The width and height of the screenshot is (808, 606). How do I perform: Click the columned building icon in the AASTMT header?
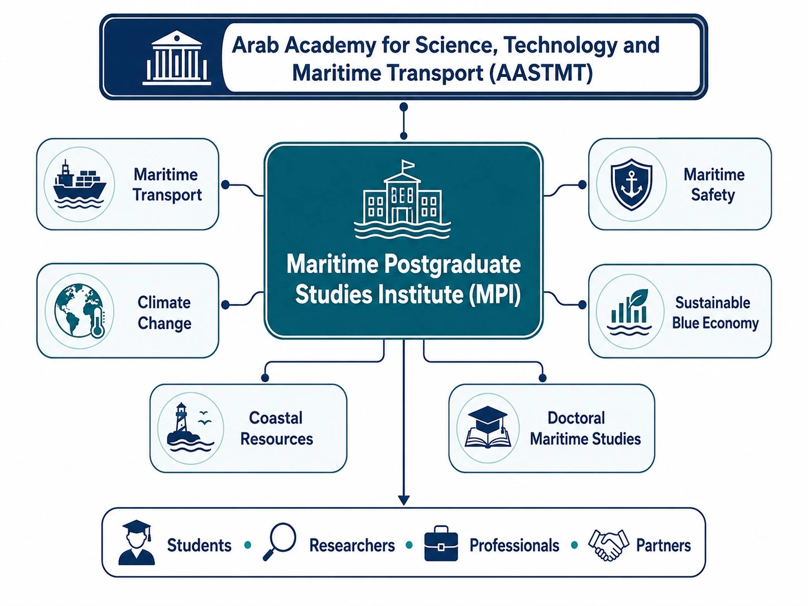click(x=177, y=58)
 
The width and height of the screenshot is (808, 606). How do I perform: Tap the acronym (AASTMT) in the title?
click(x=541, y=73)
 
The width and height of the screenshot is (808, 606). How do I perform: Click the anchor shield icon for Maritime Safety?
click(x=631, y=184)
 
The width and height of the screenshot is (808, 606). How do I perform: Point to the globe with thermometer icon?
click(x=80, y=311)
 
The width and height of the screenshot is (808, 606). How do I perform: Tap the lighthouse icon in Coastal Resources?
click(x=190, y=427)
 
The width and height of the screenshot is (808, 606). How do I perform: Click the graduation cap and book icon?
click(x=488, y=427)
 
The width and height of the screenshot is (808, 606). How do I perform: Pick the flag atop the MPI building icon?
click(x=407, y=165)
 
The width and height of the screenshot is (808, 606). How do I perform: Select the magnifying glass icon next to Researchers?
click(x=280, y=541)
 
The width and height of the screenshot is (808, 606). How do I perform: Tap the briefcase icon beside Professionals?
click(x=441, y=543)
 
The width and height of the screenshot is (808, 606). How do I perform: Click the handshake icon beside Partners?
click(x=608, y=545)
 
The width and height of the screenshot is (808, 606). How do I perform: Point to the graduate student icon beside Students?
click(x=136, y=542)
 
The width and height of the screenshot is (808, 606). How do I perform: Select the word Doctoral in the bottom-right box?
click(x=576, y=418)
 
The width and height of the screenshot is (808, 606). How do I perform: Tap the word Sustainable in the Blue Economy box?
click(x=713, y=303)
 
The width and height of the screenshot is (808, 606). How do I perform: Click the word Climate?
click(x=164, y=302)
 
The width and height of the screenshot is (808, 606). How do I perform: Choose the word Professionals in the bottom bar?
click(x=514, y=545)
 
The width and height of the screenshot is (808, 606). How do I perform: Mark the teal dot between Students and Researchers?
click(x=248, y=545)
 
